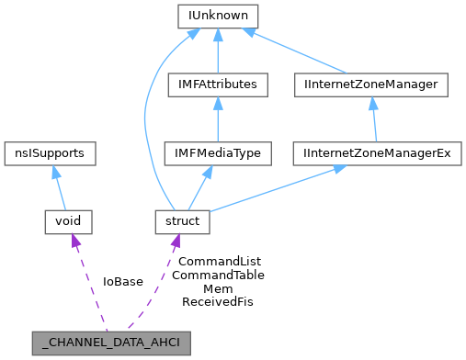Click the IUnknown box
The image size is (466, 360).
tap(218, 17)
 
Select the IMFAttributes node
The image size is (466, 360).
tap(218, 85)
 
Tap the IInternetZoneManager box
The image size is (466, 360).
tap(369, 85)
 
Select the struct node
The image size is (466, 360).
tap(183, 221)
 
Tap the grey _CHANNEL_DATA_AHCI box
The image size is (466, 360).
tap(112, 343)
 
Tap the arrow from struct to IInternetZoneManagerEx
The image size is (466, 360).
tap(276, 187)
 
